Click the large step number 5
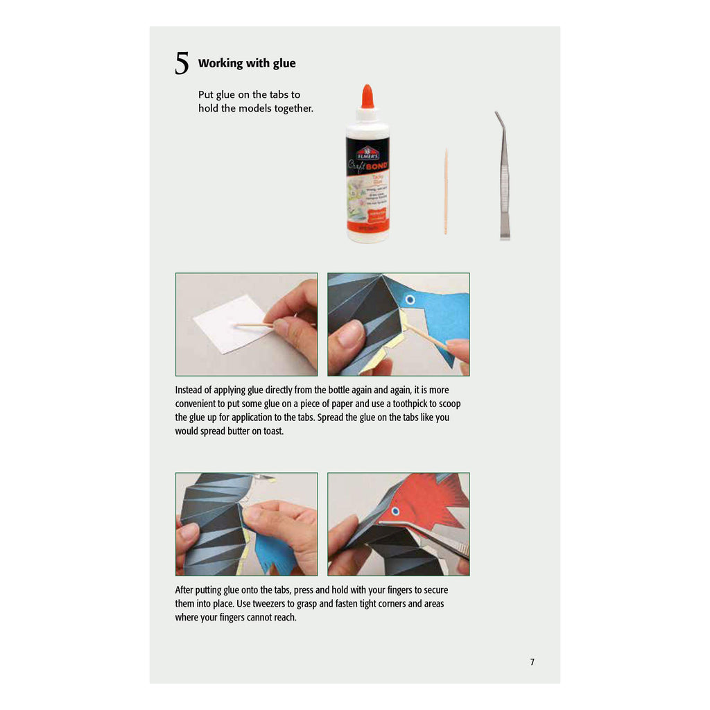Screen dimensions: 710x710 [182, 64]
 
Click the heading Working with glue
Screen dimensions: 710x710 [247, 63]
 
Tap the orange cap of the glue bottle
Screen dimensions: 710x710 [367, 97]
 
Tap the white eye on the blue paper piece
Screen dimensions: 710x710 [410, 300]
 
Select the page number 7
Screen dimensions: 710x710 [532, 662]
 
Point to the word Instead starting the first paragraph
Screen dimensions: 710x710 [189, 390]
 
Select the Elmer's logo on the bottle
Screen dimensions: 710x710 [367, 153]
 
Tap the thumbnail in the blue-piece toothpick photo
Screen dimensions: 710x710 [350, 335]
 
